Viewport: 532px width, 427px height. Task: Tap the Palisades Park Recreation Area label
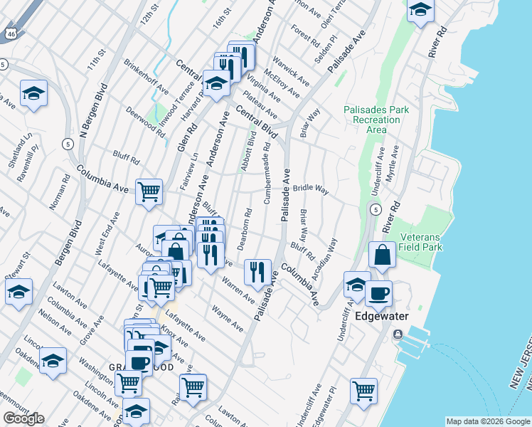[x=376, y=120]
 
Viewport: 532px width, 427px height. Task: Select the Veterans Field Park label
[x=421, y=242]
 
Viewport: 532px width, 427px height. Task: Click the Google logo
[x=23, y=418]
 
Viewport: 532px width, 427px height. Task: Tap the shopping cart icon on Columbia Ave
[x=149, y=191]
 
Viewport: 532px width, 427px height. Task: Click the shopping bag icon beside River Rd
[x=382, y=255]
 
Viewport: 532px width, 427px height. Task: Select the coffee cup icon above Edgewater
[x=378, y=292]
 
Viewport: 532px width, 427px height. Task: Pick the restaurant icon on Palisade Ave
[x=257, y=271]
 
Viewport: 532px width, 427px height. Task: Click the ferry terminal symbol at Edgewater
[x=397, y=334]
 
